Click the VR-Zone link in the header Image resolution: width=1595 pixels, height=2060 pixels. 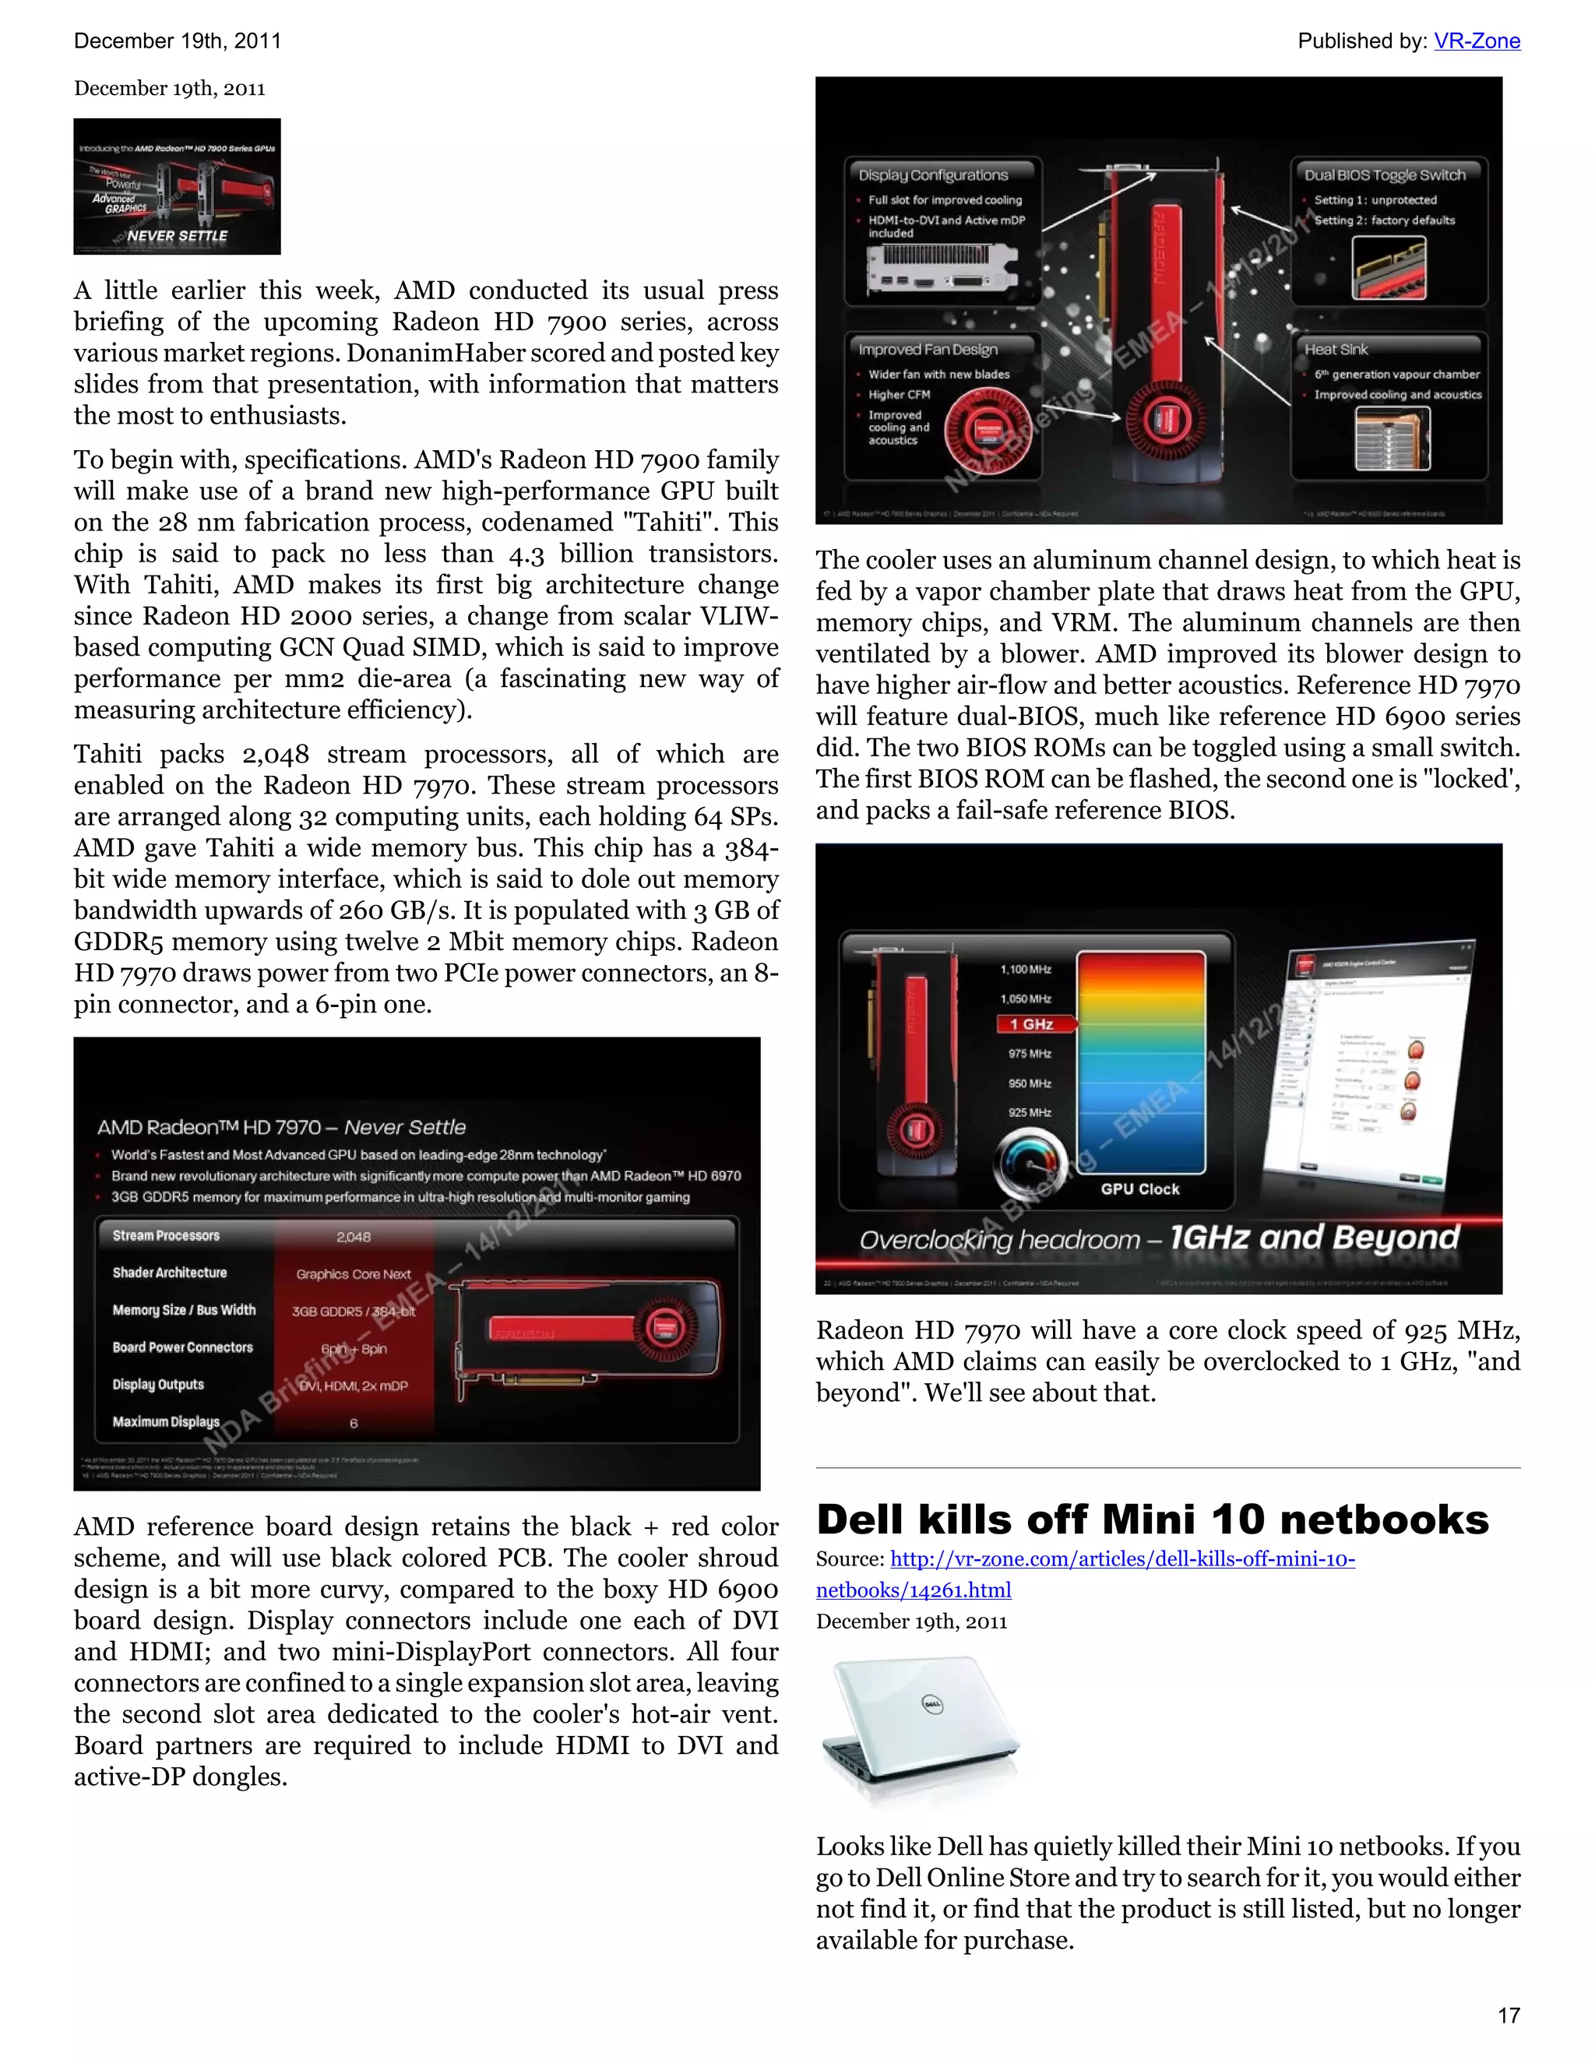click(1476, 40)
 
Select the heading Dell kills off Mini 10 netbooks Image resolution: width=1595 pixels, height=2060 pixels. click(1152, 1520)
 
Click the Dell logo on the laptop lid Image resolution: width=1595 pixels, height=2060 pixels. click(932, 1704)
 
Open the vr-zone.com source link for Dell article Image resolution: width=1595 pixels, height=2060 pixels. click(1121, 1559)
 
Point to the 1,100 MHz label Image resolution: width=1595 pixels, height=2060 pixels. click(1025, 970)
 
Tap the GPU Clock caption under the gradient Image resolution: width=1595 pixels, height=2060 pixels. click(1139, 1189)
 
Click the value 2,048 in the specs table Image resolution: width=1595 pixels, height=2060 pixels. click(354, 1237)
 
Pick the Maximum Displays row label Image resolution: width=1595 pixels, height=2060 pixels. click(166, 1421)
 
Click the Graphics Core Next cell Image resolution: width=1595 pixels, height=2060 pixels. click(354, 1274)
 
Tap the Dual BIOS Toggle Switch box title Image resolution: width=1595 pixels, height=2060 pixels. click(1385, 174)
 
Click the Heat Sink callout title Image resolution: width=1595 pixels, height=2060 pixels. click(1336, 349)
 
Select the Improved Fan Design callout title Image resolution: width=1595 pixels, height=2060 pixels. click(928, 349)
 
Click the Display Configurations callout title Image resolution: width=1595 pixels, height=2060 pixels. click(933, 174)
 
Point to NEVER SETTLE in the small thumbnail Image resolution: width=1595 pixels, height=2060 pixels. click(178, 236)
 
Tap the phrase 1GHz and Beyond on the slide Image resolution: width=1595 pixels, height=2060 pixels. click(1314, 1238)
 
